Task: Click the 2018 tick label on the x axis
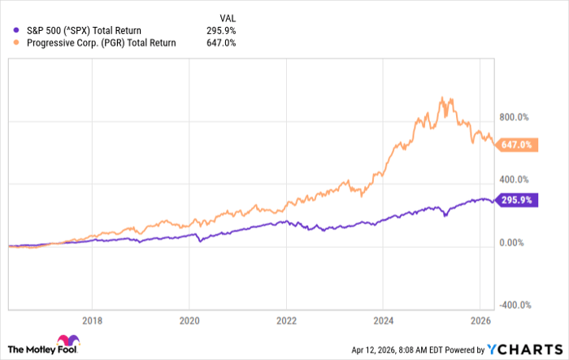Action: pyautogui.click(x=93, y=319)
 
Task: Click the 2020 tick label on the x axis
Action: pyautogui.click(x=189, y=319)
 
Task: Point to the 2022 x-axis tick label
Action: pyautogui.click(x=285, y=319)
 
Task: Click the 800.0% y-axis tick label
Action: pyautogui.click(x=515, y=117)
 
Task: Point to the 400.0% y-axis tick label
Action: pyautogui.click(x=515, y=180)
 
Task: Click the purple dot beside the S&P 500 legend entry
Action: pyautogui.click(x=11, y=31)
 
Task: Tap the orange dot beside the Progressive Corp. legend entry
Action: pyautogui.click(x=11, y=43)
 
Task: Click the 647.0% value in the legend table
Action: pyautogui.click(x=221, y=43)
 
